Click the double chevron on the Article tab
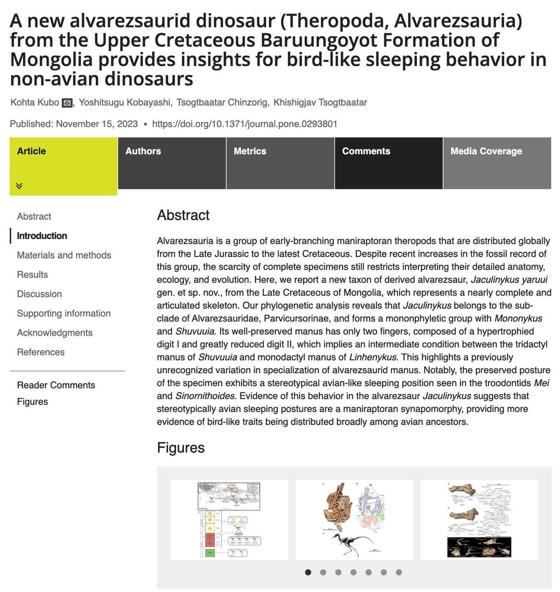[x=19, y=186]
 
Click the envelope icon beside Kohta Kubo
[x=67, y=103]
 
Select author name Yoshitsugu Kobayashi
[x=124, y=103]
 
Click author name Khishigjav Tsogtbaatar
[x=320, y=103]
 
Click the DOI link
[x=245, y=124]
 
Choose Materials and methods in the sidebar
[x=64, y=255]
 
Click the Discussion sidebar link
[x=39, y=294]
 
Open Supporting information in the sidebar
[x=64, y=313]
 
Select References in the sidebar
[x=41, y=352]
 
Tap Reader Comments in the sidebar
[x=56, y=385]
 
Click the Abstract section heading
[x=183, y=215]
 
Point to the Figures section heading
[x=181, y=447]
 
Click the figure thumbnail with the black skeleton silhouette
[x=354, y=520]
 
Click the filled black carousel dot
[x=308, y=572]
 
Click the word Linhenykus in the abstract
[x=373, y=357]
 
